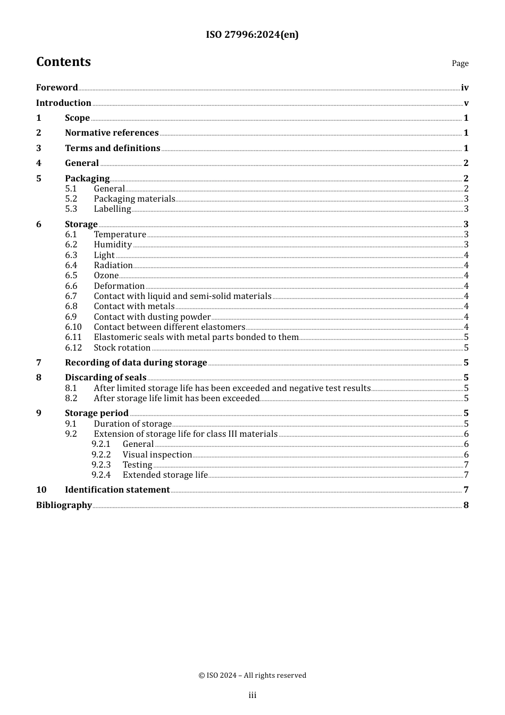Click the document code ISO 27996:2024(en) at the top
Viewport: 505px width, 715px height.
coord(252,35)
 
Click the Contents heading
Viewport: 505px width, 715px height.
coord(63,62)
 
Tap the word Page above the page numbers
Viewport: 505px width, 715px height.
coord(460,63)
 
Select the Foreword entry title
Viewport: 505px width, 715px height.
coord(57,88)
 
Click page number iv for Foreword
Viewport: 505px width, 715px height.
coord(465,88)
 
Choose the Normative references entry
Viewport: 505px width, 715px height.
coord(112,133)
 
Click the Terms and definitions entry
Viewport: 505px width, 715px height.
coord(113,148)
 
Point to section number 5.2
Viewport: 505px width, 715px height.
coord(71,199)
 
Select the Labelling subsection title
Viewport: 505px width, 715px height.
coord(112,209)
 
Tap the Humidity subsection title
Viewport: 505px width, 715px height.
coord(113,245)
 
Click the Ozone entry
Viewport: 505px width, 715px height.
coord(106,276)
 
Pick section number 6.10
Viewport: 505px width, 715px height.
coord(73,327)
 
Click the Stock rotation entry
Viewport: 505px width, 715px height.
coord(122,348)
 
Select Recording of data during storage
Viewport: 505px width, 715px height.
coord(136,363)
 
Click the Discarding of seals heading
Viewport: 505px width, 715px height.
coord(106,378)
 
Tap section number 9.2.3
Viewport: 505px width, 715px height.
coord(101,465)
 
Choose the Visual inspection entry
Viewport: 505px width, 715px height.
coord(157,455)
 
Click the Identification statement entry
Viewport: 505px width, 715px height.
coord(117,490)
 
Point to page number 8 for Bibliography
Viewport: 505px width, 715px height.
coord(466,505)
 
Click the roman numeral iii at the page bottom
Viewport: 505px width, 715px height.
coord(252,695)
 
